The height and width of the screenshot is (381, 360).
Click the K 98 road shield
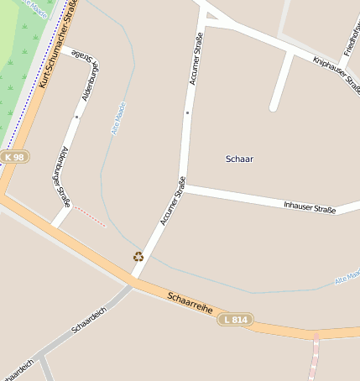[x=13, y=158]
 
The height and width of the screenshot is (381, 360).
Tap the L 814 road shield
[x=236, y=320]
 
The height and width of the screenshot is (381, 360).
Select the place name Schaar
[x=240, y=159]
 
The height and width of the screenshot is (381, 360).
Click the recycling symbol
[x=138, y=257]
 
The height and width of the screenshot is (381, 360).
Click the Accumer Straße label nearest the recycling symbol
[x=172, y=201]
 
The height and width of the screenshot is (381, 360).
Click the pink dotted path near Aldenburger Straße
[x=90, y=217]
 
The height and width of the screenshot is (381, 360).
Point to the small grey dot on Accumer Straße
[x=188, y=112]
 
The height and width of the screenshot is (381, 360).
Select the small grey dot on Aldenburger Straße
[x=76, y=117]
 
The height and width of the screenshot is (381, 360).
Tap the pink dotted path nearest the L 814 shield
[x=315, y=357]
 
